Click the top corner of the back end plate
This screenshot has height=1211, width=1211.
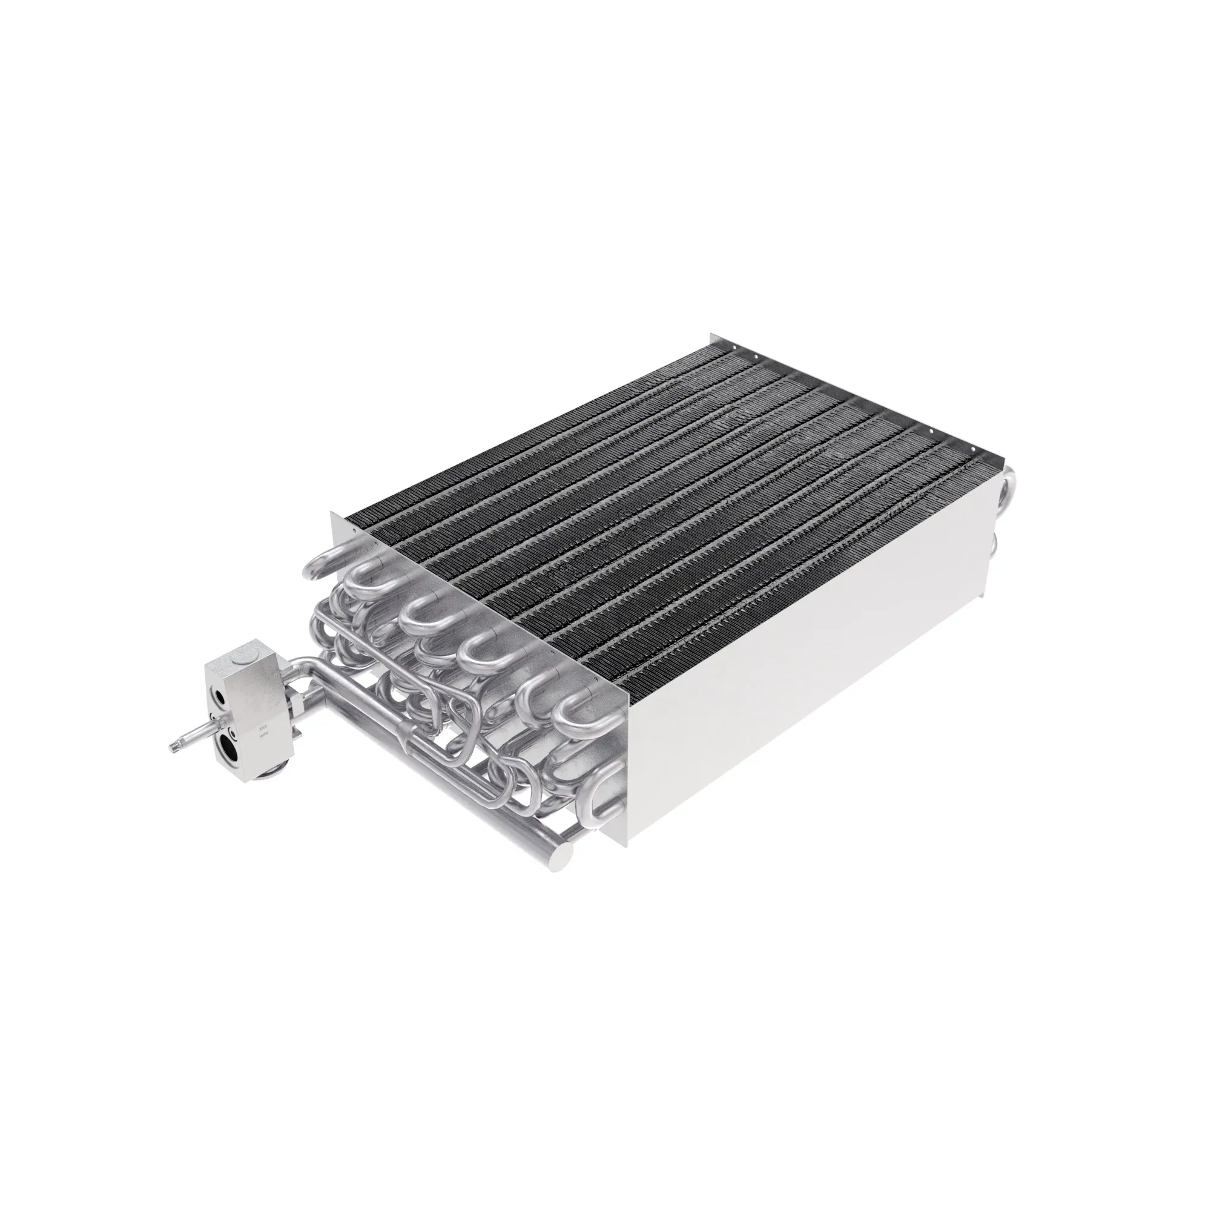point(711,335)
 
